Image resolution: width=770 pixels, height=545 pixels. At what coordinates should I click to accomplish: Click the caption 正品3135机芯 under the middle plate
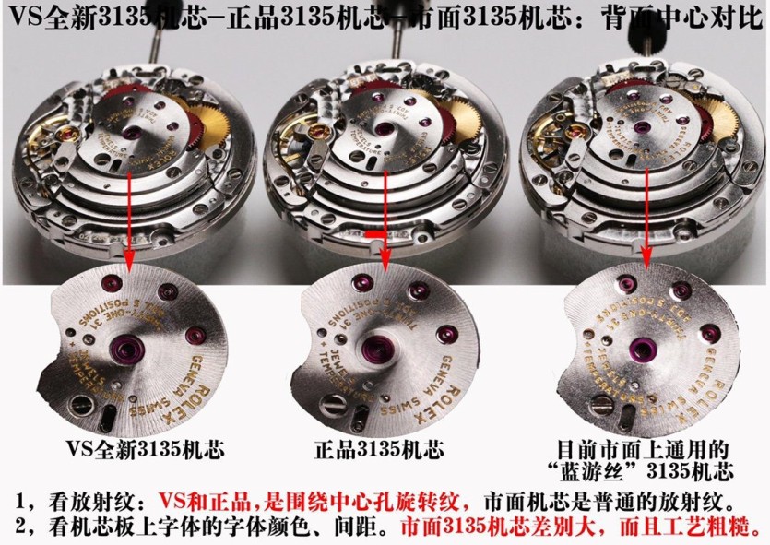(x=379, y=450)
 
